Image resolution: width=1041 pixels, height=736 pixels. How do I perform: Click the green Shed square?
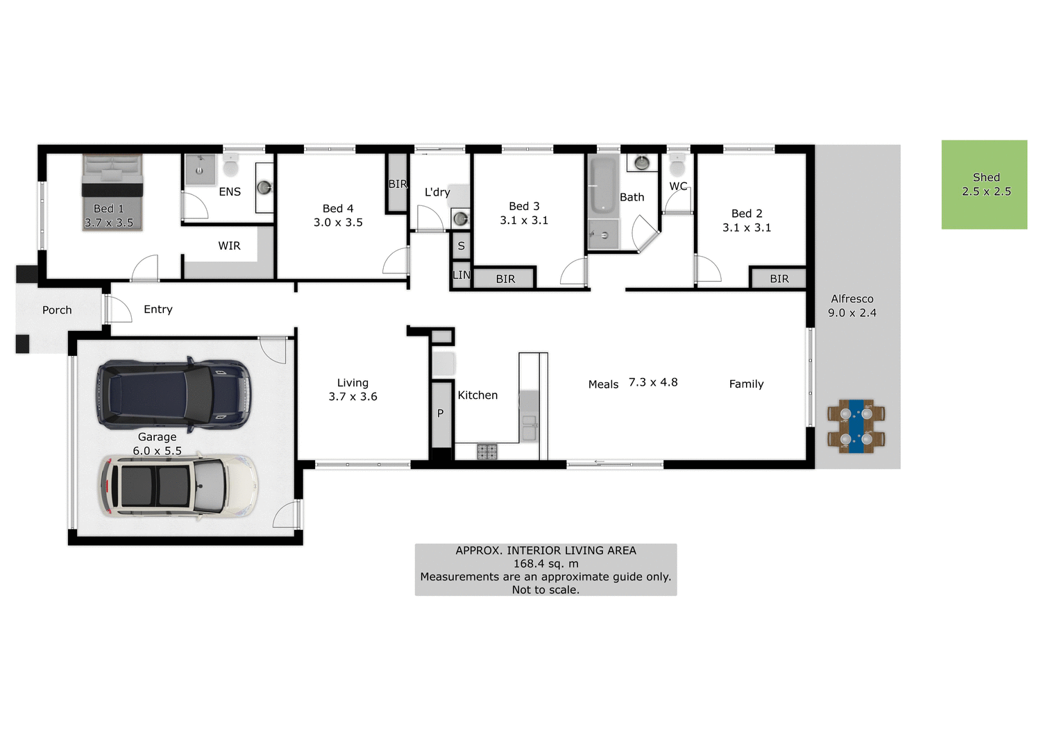coord(984,185)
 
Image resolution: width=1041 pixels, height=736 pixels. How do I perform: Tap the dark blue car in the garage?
coord(173,394)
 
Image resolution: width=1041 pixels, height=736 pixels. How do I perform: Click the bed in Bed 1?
coord(112,191)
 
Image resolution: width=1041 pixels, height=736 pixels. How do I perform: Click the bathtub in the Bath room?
coord(602,185)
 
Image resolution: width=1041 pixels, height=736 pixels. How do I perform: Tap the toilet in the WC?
coord(677,166)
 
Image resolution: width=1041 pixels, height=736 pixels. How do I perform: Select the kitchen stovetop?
coord(486,452)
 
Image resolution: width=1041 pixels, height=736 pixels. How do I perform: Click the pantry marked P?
coord(441,414)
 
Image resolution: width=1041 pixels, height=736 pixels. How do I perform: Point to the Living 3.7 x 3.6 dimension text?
coord(353,397)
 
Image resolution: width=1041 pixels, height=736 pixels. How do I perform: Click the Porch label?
coord(57,310)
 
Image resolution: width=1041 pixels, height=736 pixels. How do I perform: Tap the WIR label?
coord(229,246)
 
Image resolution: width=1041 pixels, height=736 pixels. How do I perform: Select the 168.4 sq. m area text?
coord(545,564)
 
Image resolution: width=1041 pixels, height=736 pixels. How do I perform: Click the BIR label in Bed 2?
coord(779,279)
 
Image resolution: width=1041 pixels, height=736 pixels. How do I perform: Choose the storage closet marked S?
coord(461,246)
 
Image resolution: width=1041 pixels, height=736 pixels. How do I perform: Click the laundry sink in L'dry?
coord(460,219)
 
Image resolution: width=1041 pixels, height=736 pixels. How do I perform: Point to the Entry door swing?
coord(118,309)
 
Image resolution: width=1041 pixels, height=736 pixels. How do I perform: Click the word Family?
coord(746,384)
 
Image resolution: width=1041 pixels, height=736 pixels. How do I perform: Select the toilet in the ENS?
coord(230,166)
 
